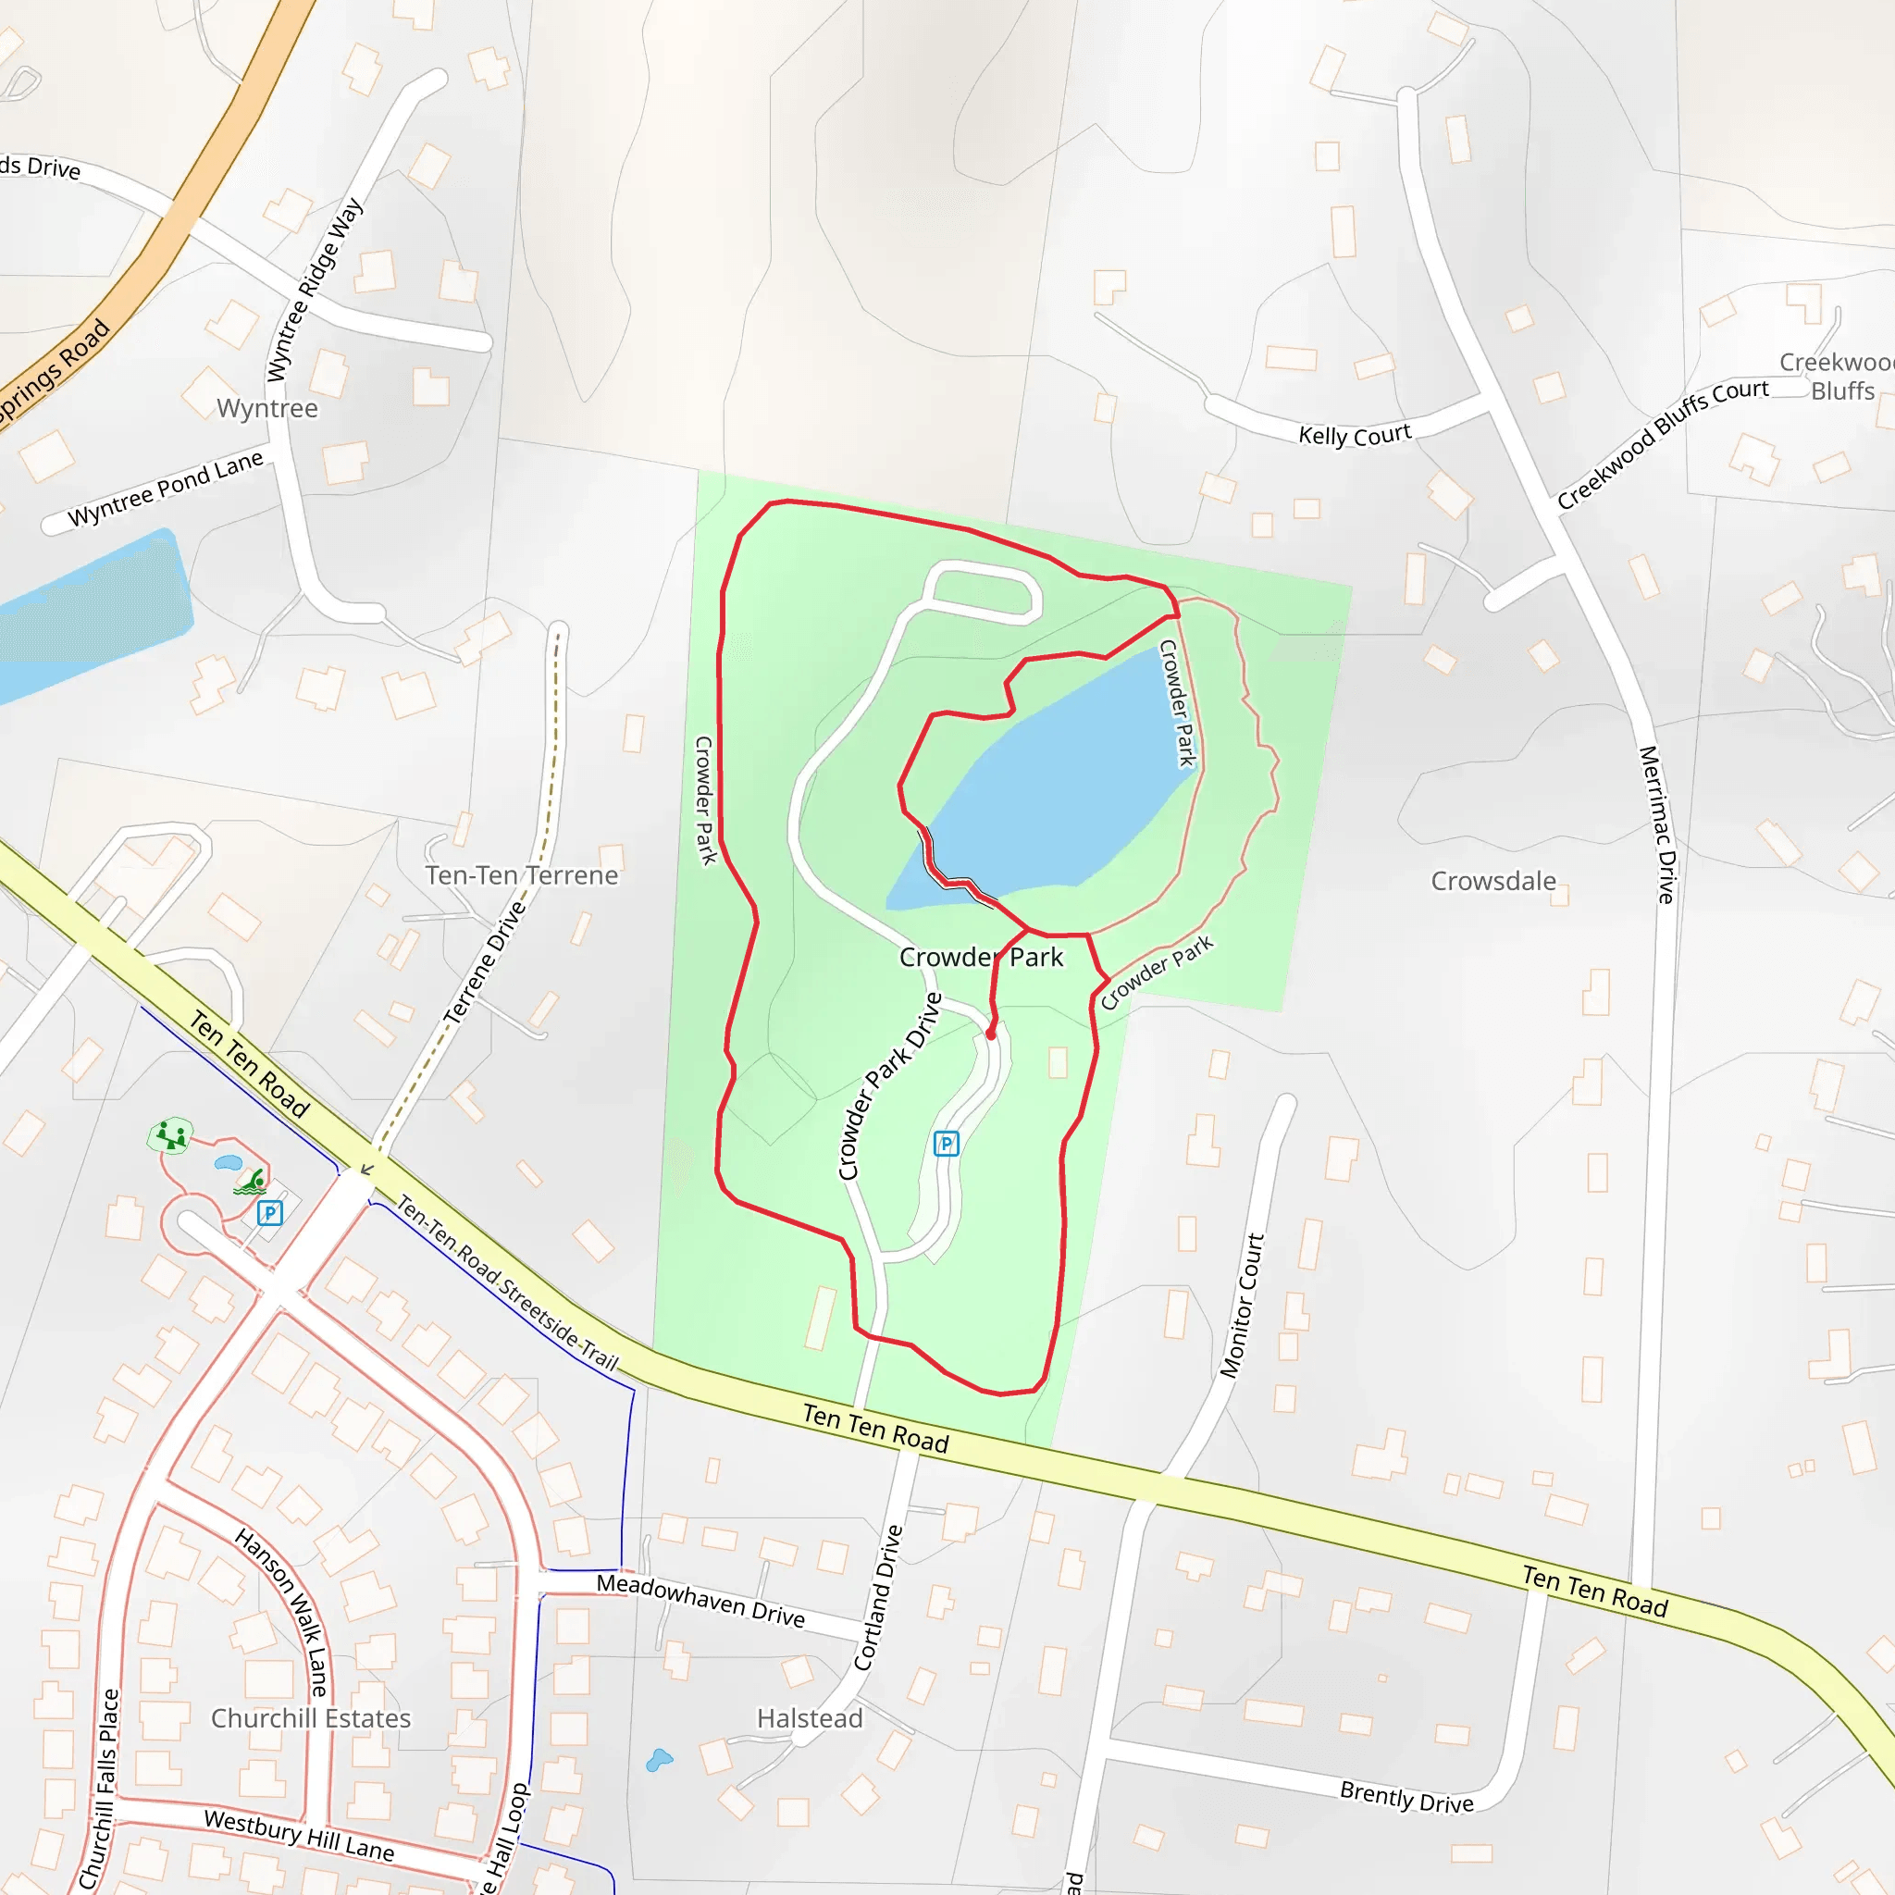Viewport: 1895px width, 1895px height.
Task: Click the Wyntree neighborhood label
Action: tap(266, 408)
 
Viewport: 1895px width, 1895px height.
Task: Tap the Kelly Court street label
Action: tap(1355, 435)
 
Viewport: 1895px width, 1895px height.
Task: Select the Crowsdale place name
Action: tap(1492, 881)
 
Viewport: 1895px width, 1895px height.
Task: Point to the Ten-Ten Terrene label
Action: tap(521, 875)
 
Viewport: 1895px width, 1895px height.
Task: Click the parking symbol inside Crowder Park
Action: tap(946, 1143)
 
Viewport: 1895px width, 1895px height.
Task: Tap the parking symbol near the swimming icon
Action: tap(270, 1213)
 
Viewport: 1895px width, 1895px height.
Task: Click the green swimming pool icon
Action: tap(251, 1183)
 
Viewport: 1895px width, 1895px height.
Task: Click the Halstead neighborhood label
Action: tap(810, 1718)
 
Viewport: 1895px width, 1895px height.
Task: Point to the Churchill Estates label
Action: tap(311, 1718)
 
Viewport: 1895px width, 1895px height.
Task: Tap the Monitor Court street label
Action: tap(1242, 1306)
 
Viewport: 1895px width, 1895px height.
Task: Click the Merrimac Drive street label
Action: tap(1656, 824)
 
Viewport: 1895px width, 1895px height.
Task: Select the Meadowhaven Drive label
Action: tap(700, 1600)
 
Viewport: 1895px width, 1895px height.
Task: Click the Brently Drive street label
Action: tap(1406, 1798)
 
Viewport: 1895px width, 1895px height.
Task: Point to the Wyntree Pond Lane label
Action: tap(166, 489)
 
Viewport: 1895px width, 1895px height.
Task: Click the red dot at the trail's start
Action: tap(991, 1034)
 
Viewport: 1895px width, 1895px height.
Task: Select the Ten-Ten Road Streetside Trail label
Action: tap(506, 1282)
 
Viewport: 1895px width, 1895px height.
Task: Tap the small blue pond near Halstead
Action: tap(659, 1760)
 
